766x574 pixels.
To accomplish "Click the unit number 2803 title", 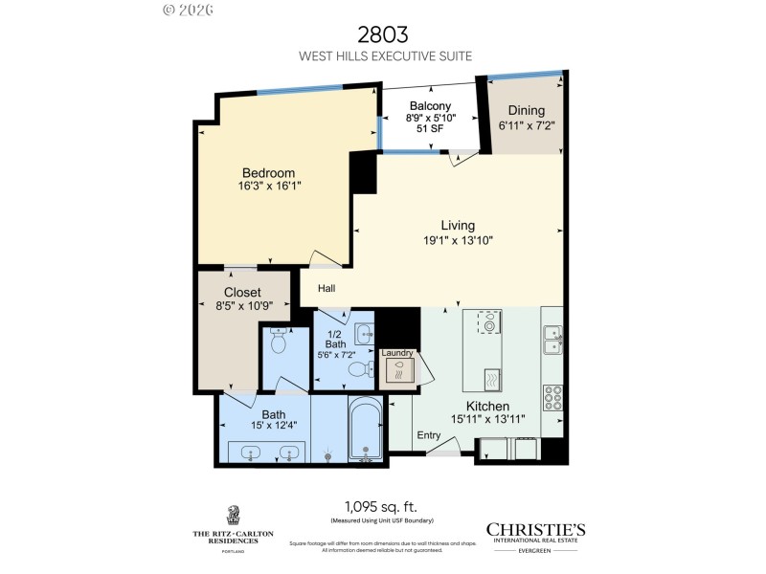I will pos(383,35).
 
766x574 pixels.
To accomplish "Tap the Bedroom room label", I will pos(268,173).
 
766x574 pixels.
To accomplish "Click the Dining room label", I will pos(526,111).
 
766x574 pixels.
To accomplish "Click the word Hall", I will pos(327,287).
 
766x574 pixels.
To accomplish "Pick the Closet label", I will pos(242,293).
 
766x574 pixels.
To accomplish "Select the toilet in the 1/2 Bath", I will pos(358,369).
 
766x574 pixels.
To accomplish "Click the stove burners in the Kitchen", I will pos(552,395).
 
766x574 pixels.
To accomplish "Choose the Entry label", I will pos(429,435).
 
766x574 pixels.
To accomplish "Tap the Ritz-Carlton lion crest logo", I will pos(233,516).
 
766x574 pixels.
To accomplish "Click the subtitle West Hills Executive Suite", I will pos(383,56).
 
